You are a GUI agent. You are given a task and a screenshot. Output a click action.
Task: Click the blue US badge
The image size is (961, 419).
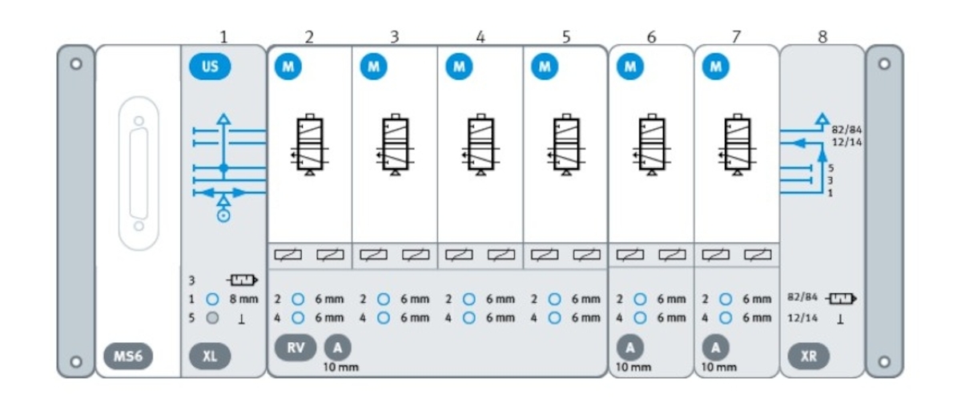click(x=210, y=67)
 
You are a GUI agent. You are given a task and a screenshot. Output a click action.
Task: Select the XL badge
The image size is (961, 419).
click(x=210, y=356)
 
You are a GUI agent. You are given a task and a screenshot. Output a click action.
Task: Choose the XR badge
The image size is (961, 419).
click(x=809, y=356)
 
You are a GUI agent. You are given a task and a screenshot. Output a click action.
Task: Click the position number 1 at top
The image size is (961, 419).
click(x=223, y=36)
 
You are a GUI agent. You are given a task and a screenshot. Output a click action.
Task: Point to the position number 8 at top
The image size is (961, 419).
click(x=822, y=36)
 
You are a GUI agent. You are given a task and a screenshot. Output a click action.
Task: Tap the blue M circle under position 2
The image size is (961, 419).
click(x=287, y=67)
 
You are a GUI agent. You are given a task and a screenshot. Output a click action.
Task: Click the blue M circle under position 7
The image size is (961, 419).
click(x=715, y=67)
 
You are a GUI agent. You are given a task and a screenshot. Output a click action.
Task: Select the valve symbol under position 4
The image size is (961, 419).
click(x=480, y=145)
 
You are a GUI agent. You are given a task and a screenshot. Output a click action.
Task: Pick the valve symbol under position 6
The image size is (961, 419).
click(x=652, y=145)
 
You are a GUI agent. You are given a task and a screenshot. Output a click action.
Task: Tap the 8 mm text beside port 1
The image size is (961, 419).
click(x=243, y=299)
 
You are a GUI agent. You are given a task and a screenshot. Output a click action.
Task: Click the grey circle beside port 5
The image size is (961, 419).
click(x=212, y=318)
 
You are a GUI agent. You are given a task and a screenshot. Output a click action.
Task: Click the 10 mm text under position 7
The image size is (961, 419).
click(x=718, y=368)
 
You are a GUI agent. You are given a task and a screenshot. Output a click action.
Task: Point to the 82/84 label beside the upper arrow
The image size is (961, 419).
click(x=846, y=129)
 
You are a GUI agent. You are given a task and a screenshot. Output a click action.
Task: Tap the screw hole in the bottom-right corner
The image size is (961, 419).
click(x=884, y=361)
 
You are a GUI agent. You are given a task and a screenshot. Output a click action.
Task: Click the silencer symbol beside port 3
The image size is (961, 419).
click(x=242, y=280)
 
